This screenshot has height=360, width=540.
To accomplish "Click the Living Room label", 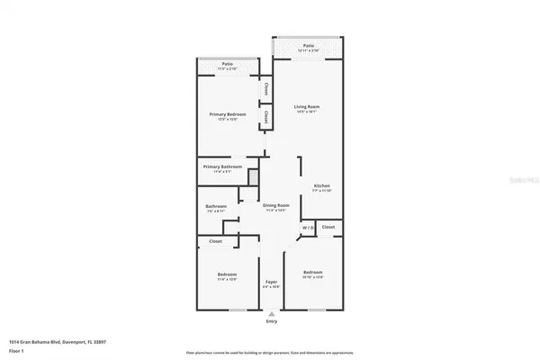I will tap(308, 107).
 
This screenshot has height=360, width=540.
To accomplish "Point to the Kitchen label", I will tap(322, 186).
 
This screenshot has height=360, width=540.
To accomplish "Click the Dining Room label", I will tap(276, 205).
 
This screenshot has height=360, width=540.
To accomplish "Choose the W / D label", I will tap(308, 228).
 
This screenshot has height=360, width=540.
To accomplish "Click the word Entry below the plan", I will tap(272, 321).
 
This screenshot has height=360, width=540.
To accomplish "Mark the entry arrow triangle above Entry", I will tap(272, 312).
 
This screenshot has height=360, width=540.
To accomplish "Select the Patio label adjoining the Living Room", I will tap(308, 45).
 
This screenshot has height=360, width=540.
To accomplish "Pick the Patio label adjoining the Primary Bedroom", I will tap(228, 64).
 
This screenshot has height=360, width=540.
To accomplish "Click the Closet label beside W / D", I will tap(328, 227).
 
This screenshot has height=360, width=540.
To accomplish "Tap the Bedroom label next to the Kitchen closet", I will tap(312, 272).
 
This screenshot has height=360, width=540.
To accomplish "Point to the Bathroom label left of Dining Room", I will tap(216, 206).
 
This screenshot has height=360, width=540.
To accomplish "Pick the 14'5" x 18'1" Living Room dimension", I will tap(308, 112).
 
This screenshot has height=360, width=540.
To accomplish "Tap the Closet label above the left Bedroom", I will tap(216, 241).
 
